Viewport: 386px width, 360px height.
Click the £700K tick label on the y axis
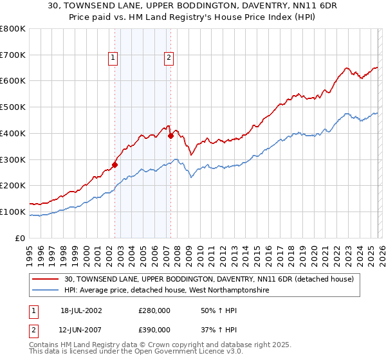click(x=13, y=55)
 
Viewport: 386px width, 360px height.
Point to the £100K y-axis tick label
click(x=13, y=212)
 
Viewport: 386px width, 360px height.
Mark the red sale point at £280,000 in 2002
click(x=115, y=165)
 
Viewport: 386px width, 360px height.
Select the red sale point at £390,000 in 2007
click(x=170, y=136)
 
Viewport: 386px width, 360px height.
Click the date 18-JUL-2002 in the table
click(x=81, y=310)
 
